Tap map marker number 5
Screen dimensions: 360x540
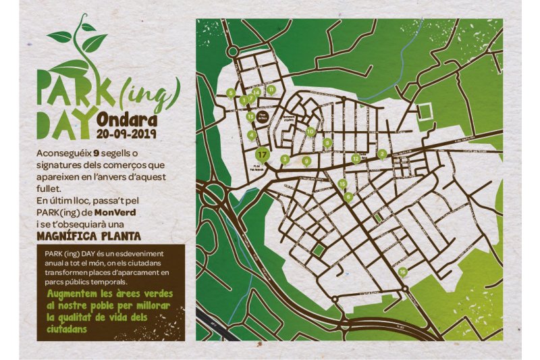pyautogui.click(x=231, y=93)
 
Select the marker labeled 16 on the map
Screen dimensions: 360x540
pyautogui.click(x=402, y=272)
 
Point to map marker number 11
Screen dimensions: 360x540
pyautogui.click(x=271, y=89)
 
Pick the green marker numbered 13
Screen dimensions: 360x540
pyautogui.click(x=250, y=116)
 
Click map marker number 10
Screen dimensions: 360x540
pyautogui.click(x=310, y=131)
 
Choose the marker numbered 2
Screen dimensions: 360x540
pyautogui.click(x=382, y=153)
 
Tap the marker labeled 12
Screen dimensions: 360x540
pyautogui.click(x=356, y=159)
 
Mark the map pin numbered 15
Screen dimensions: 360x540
pyautogui.click(x=342, y=183)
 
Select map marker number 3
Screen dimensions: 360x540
pyautogui.click(x=285, y=159)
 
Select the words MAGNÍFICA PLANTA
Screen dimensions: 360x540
pyautogui.click(x=89, y=236)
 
